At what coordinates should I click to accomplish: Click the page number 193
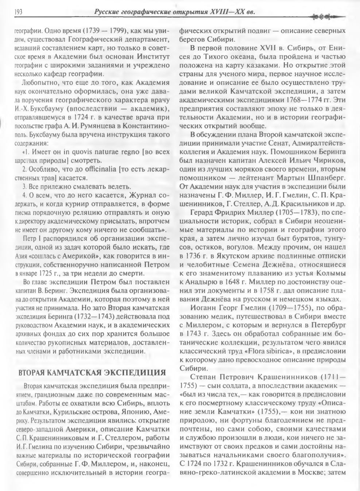(18, 12)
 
